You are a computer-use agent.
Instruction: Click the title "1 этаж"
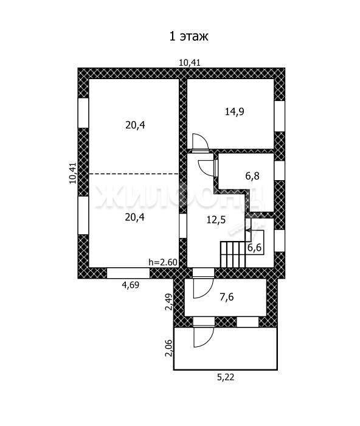coord(189,37)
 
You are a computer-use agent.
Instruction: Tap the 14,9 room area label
coord(235,111)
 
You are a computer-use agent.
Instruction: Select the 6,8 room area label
coord(252,176)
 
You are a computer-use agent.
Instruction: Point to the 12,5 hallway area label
coord(216,220)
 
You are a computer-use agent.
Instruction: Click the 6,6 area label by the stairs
coord(255,248)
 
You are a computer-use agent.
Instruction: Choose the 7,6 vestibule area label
coord(227,297)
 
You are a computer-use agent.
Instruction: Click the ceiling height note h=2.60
coord(163,262)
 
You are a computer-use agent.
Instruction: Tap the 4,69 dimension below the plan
coord(131,285)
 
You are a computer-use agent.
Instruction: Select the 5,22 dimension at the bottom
coord(226,377)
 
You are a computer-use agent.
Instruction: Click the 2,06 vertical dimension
coord(169,347)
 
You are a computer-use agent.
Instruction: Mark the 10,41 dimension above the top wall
coord(190,63)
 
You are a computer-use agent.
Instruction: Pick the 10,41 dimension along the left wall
coord(73,173)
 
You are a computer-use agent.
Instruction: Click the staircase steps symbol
coord(233,254)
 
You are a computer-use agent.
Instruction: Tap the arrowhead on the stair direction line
coord(248,231)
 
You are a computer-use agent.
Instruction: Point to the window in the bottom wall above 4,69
coord(128,273)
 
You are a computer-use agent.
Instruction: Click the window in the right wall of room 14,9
coord(279,116)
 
